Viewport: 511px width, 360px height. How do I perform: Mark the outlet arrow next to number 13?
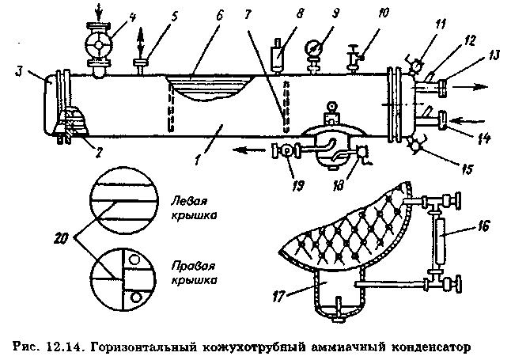click(475, 84)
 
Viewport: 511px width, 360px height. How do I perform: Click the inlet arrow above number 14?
click(475, 120)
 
